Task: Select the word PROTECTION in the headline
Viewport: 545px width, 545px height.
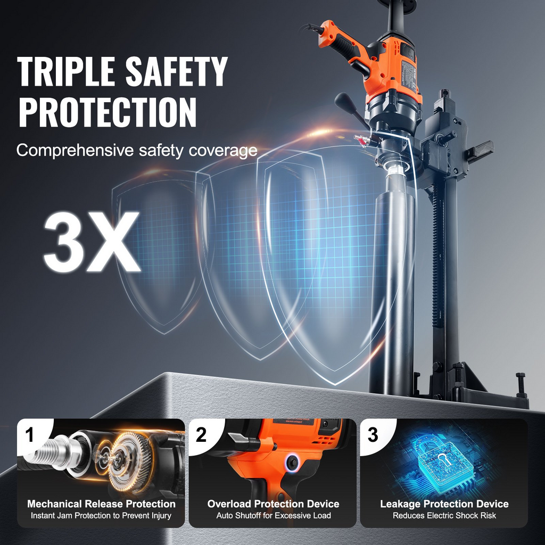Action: [x=108, y=112]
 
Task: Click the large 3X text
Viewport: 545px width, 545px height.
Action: [x=92, y=242]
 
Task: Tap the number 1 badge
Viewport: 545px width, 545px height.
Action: [x=30, y=435]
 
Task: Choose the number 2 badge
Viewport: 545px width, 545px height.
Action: [x=201, y=435]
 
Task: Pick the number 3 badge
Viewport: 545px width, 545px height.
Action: [x=373, y=435]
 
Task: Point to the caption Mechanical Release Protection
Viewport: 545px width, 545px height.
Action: [x=101, y=503]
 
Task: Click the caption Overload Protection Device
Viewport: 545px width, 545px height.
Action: [x=273, y=503]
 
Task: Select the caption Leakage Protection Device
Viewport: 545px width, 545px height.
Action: [x=444, y=503]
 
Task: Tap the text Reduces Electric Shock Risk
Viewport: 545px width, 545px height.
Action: [x=444, y=515]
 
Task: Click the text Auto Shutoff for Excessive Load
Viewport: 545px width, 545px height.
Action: [x=273, y=515]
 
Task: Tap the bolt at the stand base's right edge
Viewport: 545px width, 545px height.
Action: [x=521, y=384]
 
